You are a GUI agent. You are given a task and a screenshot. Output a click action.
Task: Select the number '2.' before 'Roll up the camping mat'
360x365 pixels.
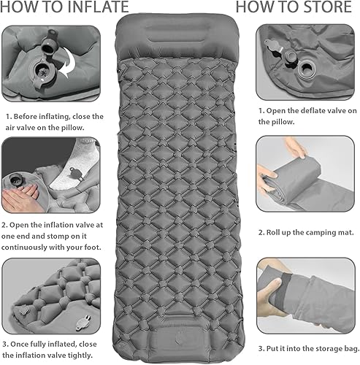(261, 232)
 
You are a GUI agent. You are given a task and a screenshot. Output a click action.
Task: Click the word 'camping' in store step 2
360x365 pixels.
(315, 232)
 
